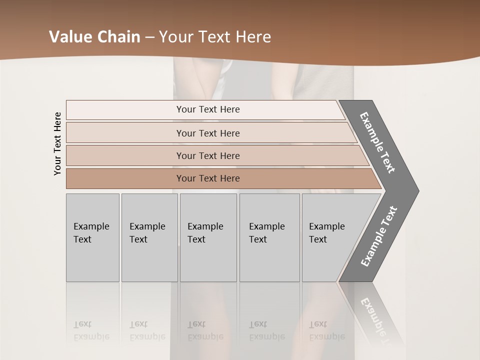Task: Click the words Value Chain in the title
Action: [94, 37]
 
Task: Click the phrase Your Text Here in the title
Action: [215, 37]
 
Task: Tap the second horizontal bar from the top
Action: [208, 133]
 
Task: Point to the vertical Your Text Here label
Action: [57, 143]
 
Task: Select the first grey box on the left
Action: [92, 237]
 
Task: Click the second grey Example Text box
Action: [149, 237]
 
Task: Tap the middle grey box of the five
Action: [208, 237]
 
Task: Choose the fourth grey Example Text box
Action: [269, 237]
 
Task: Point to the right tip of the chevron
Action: [416, 190]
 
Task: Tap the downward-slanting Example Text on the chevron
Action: [377, 142]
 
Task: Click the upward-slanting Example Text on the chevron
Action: [378, 236]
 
